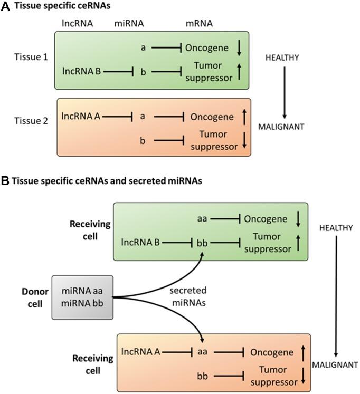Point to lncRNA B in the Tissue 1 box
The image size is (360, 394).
[81, 70]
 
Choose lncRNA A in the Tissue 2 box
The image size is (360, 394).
[81, 116]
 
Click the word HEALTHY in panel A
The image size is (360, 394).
[284, 57]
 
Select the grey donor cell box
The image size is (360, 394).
[82, 297]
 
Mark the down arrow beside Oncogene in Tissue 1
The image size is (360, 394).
[240, 48]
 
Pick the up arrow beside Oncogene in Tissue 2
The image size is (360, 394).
[239, 116]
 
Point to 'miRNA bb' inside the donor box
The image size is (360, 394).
[81, 304]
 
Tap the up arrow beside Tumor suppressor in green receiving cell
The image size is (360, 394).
[299, 242]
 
